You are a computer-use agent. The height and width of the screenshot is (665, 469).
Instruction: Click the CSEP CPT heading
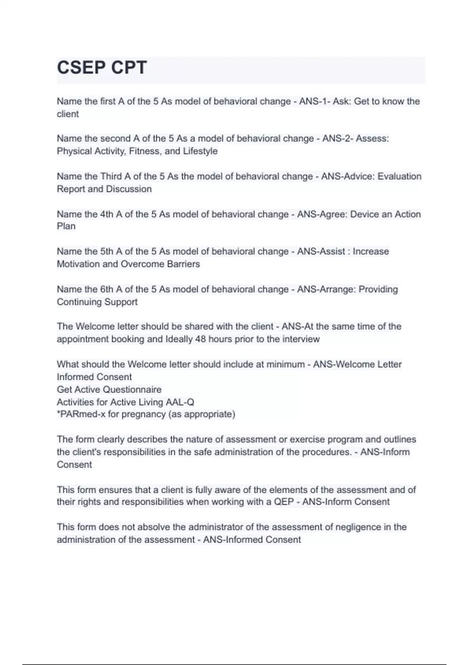[x=102, y=68]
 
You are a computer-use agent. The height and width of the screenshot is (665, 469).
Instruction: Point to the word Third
[x=111, y=176]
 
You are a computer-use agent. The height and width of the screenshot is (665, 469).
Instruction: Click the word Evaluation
[x=399, y=176]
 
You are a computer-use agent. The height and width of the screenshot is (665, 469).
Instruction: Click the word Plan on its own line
[x=66, y=226]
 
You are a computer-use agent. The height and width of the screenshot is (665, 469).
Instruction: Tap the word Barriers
[x=183, y=264]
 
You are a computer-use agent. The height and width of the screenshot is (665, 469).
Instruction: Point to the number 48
[x=200, y=339]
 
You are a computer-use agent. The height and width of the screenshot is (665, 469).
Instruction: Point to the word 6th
[x=107, y=289]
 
